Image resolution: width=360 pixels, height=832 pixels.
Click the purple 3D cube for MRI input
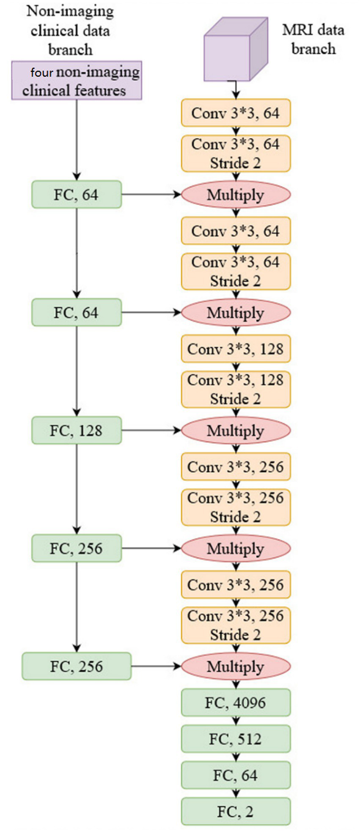click(x=235, y=51)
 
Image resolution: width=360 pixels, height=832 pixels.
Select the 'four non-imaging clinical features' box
click(x=77, y=81)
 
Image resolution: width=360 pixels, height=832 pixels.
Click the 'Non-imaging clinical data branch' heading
click(x=70, y=30)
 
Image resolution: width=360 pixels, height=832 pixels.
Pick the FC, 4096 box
click(x=236, y=703)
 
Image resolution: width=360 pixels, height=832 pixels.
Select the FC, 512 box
click(x=236, y=739)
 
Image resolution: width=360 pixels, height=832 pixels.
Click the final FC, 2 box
click(x=236, y=812)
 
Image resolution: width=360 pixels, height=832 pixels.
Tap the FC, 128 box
click(x=77, y=431)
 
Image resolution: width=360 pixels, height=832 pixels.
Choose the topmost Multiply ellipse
click(x=236, y=195)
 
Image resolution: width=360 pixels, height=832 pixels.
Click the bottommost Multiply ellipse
click(x=236, y=666)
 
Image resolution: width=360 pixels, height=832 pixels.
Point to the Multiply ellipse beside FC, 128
click(x=236, y=431)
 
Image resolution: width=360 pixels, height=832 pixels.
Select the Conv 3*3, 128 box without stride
click(x=236, y=349)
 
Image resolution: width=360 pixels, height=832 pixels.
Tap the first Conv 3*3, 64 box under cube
click(x=236, y=113)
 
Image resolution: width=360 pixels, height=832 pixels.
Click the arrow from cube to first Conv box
click(x=236, y=90)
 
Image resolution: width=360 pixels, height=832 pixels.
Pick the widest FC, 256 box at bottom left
click(x=77, y=666)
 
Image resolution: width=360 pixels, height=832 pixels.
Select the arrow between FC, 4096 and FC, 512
click(x=236, y=721)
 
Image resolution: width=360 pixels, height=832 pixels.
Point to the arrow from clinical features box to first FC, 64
click(x=77, y=140)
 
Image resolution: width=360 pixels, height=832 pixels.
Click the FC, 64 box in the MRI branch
click(x=236, y=775)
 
